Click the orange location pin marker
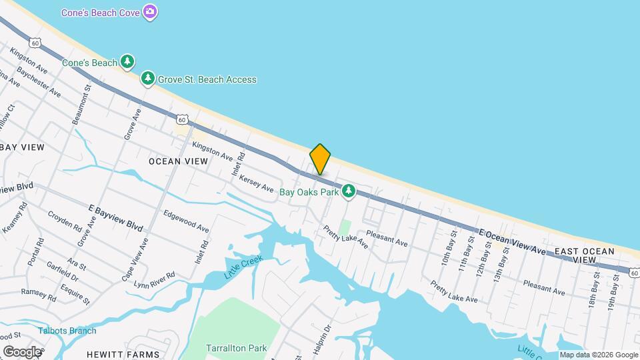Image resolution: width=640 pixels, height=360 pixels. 320,159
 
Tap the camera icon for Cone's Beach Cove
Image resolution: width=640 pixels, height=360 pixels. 151,11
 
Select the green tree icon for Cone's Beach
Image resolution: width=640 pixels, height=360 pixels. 127,62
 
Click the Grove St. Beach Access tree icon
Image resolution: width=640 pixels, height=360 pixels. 148,79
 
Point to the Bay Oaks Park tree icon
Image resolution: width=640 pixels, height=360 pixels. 348,192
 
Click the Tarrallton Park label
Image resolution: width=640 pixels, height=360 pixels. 237,348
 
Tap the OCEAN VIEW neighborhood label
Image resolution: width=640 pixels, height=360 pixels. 178,161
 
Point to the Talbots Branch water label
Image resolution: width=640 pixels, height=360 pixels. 67,331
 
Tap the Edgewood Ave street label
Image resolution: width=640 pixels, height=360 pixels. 186,221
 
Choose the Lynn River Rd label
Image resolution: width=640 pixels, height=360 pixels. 154,280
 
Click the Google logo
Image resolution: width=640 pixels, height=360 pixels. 21,351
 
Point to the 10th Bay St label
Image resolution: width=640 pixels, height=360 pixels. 445,248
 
